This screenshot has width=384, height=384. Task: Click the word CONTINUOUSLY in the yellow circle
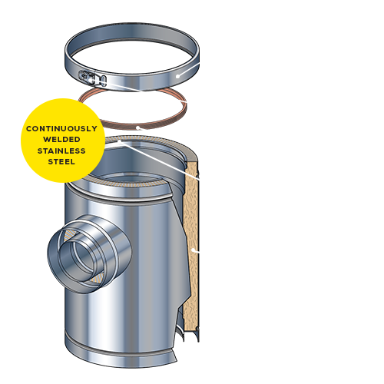[61, 128]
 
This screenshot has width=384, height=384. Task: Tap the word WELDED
[61, 140]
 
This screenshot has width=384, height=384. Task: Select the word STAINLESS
[61, 151]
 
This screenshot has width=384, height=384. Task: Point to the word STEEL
[61, 162]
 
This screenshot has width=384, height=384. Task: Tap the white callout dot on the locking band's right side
[177, 76]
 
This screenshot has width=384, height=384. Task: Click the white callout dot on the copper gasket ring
[137, 127]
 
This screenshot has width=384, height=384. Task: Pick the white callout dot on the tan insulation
[193, 249]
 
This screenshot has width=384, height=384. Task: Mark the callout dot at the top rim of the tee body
[120, 141]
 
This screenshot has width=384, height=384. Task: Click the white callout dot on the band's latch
[92, 79]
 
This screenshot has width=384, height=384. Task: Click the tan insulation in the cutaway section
[191, 243]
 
